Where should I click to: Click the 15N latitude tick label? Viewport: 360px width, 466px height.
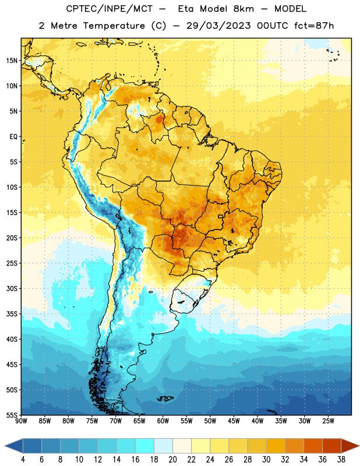click(12, 61)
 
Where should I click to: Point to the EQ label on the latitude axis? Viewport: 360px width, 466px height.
click(13, 137)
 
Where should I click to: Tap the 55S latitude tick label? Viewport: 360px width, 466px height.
click(12, 415)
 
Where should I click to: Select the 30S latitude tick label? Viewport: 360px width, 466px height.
click(12, 288)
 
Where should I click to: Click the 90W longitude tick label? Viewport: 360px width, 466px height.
click(21, 421)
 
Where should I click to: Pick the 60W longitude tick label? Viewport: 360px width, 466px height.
click(163, 421)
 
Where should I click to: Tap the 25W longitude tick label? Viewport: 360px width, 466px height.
click(328, 421)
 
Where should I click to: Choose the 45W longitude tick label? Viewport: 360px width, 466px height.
click(234, 421)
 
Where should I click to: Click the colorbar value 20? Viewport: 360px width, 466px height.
click(172, 460)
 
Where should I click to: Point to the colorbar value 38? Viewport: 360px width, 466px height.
click(341, 460)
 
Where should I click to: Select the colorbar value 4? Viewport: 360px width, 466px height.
click(23, 460)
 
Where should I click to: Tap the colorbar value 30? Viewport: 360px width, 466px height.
click(266, 460)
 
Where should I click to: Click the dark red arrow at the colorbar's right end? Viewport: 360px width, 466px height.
click(350, 446)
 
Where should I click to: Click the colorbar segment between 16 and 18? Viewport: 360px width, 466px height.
click(145, 446)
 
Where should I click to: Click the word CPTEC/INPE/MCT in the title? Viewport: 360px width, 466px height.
click(110, 9)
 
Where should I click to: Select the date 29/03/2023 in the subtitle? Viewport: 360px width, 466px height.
click(219, 26)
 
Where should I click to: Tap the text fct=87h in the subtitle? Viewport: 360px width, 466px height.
click(314, 26)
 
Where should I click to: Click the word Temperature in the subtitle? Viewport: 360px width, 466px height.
click(114, 26)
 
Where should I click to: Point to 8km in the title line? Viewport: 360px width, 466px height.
click(243, 9)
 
